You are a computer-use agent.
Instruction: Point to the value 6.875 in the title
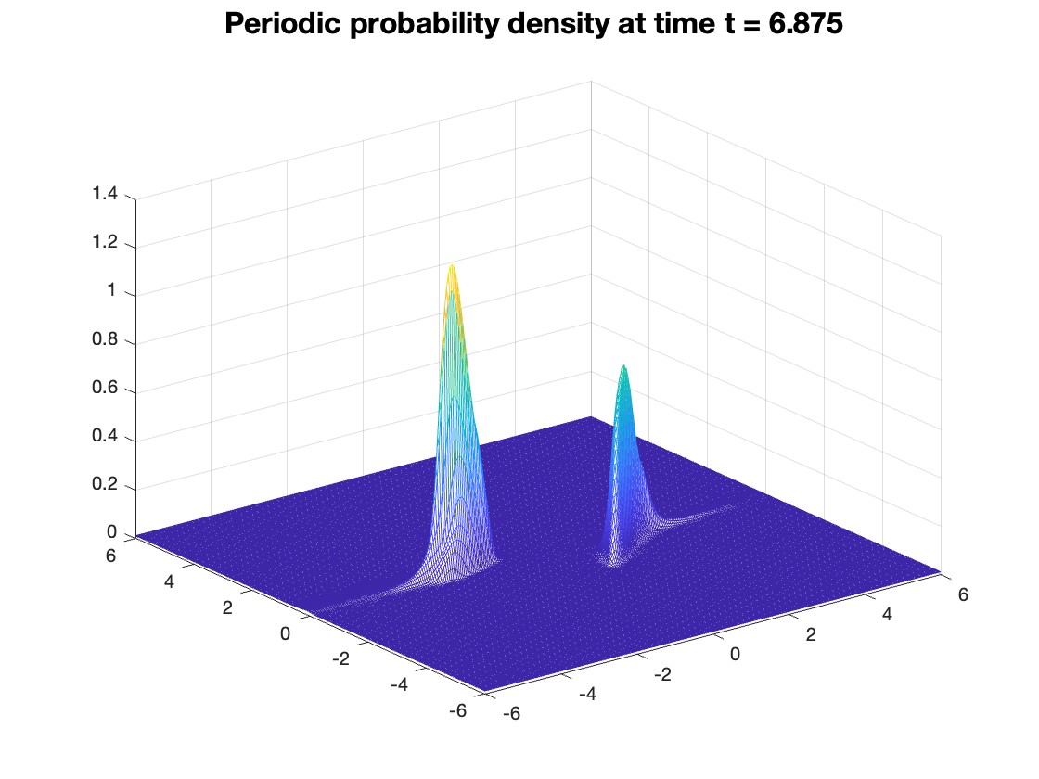tap(805, 24)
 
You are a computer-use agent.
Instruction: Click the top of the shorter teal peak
tap(623, 366)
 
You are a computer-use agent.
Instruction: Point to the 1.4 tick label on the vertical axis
tap(105, 194)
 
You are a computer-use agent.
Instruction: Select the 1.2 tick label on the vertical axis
tap(105, 242)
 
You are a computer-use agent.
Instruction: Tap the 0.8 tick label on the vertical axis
tap(105, 339)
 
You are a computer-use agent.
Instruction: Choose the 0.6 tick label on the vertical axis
tap(105, 388)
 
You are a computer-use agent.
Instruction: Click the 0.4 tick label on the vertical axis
tap(105, 436)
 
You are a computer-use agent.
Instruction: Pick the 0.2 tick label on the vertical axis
tap(105, 484)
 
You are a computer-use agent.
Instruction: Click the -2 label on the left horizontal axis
tap(340, 658)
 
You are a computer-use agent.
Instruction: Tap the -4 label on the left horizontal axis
tap(400, 684)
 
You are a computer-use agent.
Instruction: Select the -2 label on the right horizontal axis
tap(662, 674)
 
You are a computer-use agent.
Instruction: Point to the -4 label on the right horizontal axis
tap(588, 694)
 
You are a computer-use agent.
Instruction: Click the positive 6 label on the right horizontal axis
tap(963, 594)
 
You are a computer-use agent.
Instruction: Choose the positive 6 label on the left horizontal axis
tap(110, 556)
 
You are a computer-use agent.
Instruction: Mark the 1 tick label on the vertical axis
tap(112, 290)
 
